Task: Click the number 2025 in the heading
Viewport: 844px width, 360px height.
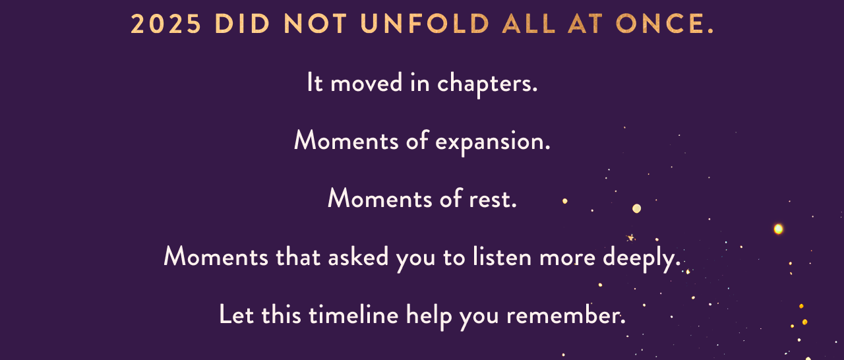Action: point(166,24)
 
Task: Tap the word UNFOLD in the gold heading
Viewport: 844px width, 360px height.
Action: point(425,24)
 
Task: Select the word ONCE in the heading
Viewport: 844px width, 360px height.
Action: point(665,24)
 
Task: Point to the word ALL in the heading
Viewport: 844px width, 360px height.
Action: point(529,24)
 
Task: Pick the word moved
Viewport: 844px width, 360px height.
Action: point(367,83)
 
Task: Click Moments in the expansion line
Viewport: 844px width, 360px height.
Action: point(346,141)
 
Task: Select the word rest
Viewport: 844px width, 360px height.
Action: point(493,199)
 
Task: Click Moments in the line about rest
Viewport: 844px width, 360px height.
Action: point(380,198)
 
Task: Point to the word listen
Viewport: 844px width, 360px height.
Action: point(502,257)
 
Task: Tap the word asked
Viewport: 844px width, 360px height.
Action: point(358,257)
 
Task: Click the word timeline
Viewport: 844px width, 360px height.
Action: point(353,315)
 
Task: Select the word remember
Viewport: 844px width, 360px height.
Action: point(566,316)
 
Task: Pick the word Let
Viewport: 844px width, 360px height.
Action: point(236,315)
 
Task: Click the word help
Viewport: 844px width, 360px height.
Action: point(429,317)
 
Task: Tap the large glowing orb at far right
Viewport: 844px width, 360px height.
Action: point(778,229)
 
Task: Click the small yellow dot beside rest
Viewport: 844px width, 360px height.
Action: point(565,201)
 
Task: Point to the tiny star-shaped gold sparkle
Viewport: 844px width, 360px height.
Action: point(630,237)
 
